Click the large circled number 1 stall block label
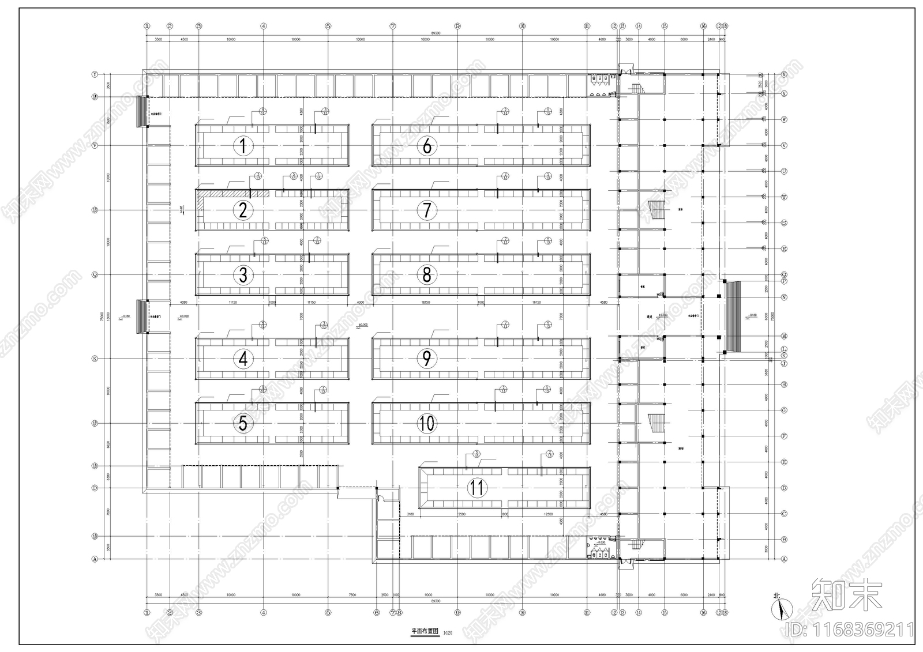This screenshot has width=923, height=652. click(x=243, y=146)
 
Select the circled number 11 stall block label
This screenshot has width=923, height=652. click(x=476, y=488)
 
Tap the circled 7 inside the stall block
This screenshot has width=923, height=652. click(x=426, y=210)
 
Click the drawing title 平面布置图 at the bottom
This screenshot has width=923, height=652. click(x=425, y=631)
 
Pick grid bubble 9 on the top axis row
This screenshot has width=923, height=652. click(x=457, y=26)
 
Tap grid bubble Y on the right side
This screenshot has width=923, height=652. click(x=784, y=75)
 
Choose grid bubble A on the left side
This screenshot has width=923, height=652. click(x=95, y=559)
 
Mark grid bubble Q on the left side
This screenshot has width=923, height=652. click(x=95, y=275)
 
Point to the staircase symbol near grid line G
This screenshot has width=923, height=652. click(x=656, y=423)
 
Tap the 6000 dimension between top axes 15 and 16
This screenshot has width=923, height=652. click(x=684, y=40)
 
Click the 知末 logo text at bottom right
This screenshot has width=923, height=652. click(x=847, y=594)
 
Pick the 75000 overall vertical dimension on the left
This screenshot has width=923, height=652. click(x=102, y=316)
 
